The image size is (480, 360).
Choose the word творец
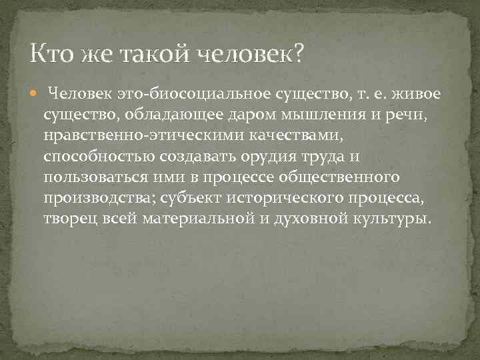pyautogui.click(x=70, y=219)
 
